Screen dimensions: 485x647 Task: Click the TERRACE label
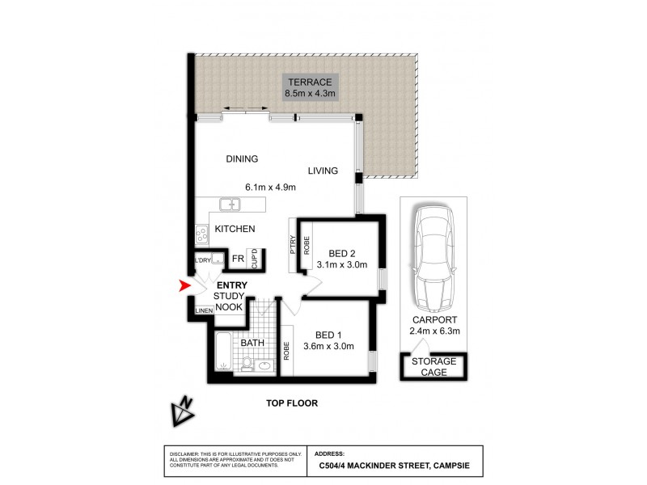click(x=310, y=82)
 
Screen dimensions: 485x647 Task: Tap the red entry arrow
click(x=185, y=285)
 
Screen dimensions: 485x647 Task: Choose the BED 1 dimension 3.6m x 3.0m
click(x=329, y=346)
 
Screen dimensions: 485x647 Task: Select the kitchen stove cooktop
click(x=201, y=234)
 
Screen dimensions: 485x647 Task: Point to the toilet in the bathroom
click(x=247, y=365)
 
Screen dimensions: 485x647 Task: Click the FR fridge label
click(x=239, y=259)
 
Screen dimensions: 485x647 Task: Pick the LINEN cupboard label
click(x=203, y=310)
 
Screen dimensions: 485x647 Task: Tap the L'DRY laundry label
click(x=201, y=260)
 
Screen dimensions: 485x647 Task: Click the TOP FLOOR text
click(x=293, y=403)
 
